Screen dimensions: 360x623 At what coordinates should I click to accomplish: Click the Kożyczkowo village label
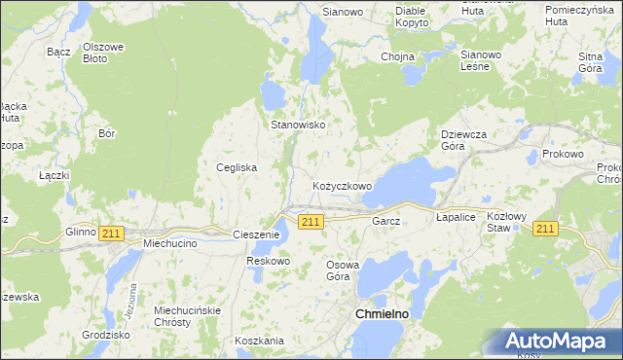(x=342, y=186)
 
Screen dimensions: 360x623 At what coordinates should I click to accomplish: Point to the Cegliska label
(x=237, y=167)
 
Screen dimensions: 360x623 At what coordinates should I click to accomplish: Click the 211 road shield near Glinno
(x=111, y=233)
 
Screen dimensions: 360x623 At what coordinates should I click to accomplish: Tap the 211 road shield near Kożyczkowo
(x=311, y=222)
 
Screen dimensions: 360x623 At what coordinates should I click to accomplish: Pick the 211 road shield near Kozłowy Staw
(x=544, y=229)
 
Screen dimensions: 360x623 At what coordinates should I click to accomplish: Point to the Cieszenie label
(x=257, y=234)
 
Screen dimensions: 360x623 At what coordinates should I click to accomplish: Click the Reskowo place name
(x=269, y=261)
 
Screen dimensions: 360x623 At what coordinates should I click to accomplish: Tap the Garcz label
(x=386, y=221)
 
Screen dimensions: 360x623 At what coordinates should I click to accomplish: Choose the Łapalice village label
(x=456, y=218)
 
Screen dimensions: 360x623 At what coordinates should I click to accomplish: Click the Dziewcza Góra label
(x=466, y=139)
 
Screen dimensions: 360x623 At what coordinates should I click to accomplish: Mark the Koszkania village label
(x=259, y=341)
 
